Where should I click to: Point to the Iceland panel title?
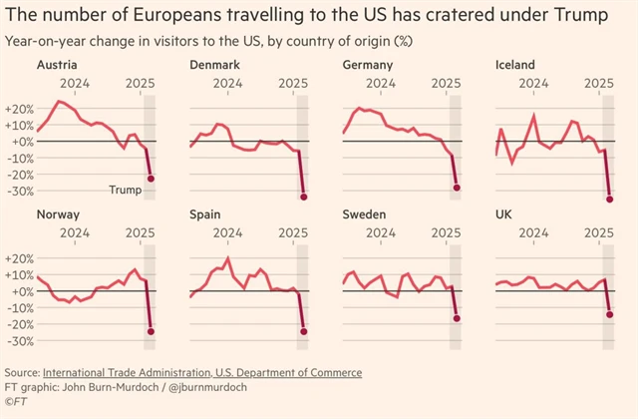point(515,64)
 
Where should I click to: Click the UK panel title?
point(504,214)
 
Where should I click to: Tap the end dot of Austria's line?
point(151,179)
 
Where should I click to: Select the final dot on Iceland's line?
point(610,200)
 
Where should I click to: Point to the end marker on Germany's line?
point(457,188)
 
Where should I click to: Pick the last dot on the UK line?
point(610,315)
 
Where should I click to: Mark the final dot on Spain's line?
point(303,331)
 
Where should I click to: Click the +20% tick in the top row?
point(20,108)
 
